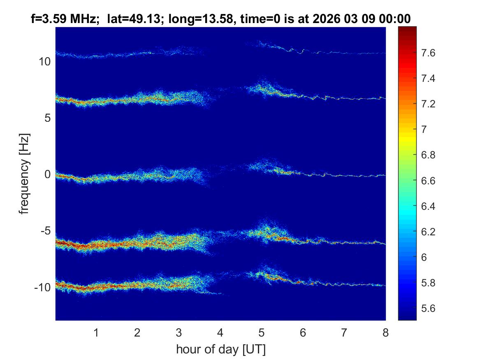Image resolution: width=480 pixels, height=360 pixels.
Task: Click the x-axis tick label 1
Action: pyautogui.click(x=96, y=332)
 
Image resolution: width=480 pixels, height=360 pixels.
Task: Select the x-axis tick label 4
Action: pyautogui.click(x=220, y=332)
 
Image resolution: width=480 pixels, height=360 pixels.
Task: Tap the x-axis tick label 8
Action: pyautogui.click(x=385, y=332)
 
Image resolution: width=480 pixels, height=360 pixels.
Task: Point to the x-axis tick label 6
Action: pyautogui.click(x=303, y=332)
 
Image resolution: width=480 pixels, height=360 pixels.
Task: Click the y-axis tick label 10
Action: pyautogui.click(x=44, y=62)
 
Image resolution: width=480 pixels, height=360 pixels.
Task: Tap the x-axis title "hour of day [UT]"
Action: pyautogui.click(x=220, y=350)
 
